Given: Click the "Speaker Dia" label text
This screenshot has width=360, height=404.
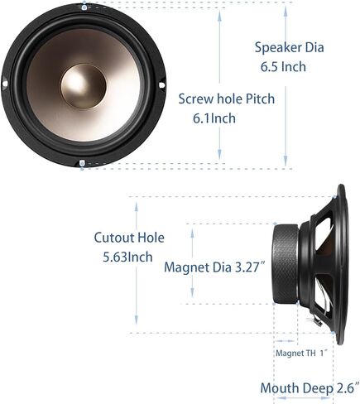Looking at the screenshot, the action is click(289, 47).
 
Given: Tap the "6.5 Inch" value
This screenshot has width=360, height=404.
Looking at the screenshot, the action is click(284, 67).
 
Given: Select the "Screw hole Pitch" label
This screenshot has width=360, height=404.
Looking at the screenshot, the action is click(227, 99).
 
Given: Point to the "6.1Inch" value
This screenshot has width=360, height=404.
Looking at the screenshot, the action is click(214, 118).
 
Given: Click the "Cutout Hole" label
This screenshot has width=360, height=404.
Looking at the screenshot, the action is click(129, 238).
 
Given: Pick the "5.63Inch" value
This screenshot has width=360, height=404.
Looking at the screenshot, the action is click(127, 257).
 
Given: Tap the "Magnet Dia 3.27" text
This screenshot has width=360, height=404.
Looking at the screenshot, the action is click(214, 267).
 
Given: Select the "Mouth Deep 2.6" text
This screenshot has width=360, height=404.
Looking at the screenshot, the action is click(310, 388).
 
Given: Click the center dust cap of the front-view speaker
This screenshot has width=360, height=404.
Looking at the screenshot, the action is click(84, 86).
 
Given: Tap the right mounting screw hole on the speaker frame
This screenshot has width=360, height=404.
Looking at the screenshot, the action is click(162, 84).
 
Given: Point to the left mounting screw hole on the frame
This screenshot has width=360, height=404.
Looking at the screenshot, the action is click(5, 84).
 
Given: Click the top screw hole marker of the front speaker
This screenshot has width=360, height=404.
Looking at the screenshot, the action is click(84, 7).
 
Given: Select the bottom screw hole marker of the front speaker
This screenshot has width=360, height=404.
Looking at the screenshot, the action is click(82, 163).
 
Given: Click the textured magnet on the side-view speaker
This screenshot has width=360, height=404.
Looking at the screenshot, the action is click(286, 264).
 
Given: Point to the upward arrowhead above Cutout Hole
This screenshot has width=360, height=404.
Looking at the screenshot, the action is click(137, 207).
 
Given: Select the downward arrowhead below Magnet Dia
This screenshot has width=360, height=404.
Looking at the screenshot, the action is click(192, 291).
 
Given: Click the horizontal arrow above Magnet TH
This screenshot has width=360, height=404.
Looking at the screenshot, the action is click(286, 341).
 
